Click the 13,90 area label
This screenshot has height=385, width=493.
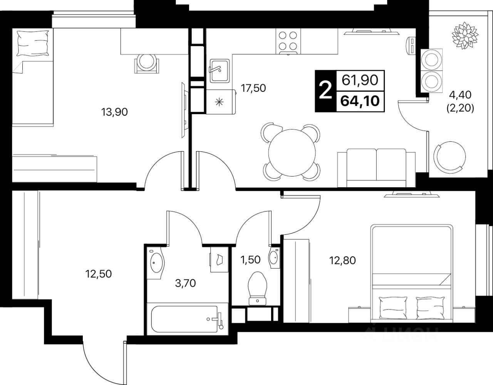click(x=114, y=112)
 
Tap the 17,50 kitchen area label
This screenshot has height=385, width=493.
click(x=253, y=88)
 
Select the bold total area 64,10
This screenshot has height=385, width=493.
click(x=360, y=101)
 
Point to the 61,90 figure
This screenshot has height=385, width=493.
click(x=360, y=80)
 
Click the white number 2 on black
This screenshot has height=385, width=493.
click(x=325, y=91)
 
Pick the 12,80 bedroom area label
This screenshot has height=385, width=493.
click(x=342, y=261)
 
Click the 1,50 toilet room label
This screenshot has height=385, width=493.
click(x=250, y=260)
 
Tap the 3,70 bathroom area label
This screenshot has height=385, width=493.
click(x=185, y=283)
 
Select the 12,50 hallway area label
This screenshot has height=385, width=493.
click(x=99, y=274)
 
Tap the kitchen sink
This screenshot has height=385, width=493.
click(x=220, y=71)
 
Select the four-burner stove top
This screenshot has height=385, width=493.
click(x=288, y=41)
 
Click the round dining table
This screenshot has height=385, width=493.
click(x=292, y=153)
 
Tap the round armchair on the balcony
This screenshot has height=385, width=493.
click(x=449, y=157)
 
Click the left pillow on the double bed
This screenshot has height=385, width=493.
click(x=393, y=308)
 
